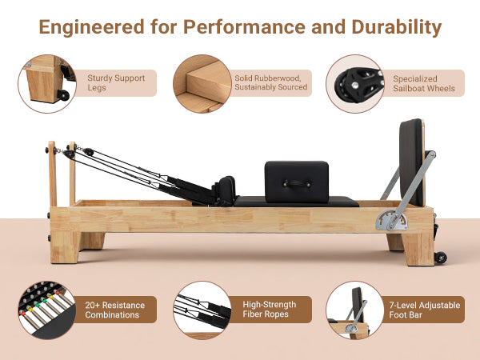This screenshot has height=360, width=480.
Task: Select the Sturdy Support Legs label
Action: point(116,83)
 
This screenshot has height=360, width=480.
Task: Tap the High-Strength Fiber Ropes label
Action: point(269,310)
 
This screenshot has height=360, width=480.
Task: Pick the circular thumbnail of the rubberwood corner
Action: point(201,83)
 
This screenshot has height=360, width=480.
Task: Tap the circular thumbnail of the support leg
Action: point(46,83)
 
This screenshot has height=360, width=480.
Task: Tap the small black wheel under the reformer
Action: point(439,258)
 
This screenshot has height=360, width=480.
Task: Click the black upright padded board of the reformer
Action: point(411,160)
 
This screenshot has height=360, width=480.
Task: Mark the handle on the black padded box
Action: point(297,182)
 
